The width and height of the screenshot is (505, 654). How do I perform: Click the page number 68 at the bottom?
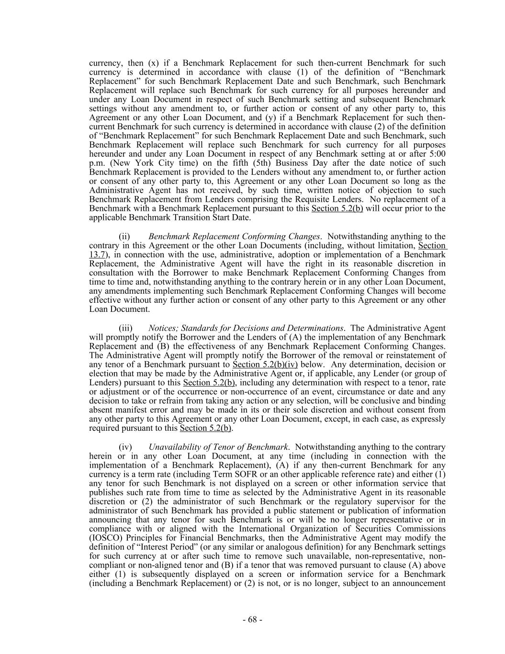point(252,620)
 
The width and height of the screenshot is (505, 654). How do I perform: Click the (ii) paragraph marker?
point(124,236)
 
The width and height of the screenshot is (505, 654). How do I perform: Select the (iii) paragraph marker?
point(125,328)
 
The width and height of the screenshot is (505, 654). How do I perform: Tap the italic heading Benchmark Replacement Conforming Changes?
point(234,236)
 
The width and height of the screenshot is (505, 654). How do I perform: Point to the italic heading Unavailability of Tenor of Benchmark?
point(218,447)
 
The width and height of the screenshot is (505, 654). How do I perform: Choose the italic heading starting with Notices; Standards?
point(246,328)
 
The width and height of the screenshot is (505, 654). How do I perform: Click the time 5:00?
point(436,154)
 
